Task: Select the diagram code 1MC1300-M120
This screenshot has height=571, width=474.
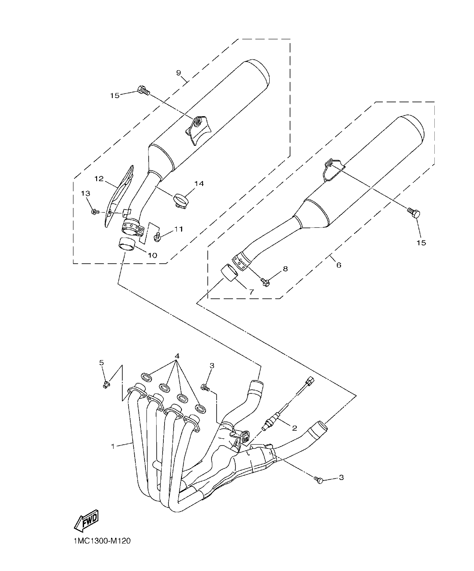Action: pyautogui.click(x=98, y=541)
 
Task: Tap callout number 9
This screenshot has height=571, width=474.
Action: pyautogui.click(x=179, y=73)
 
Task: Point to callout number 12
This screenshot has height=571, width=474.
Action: pyautogui.click(x=99, y=179)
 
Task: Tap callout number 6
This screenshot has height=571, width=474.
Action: pyautogui.click(x=339, y=265)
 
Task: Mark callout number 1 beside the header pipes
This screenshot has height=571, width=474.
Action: pyautogui.click(x=113, y=446)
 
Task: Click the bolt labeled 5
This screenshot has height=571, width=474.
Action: pyautogui.click(x=106, y=384)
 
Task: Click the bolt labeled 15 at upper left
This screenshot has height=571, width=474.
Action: pyautogui.click(x=143, y=90)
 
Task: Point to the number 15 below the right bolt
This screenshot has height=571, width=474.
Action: pyautogui.click(x=421, y=243)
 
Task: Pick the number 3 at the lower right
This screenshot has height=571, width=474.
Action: pyautogui.click(x=341, y=477)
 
